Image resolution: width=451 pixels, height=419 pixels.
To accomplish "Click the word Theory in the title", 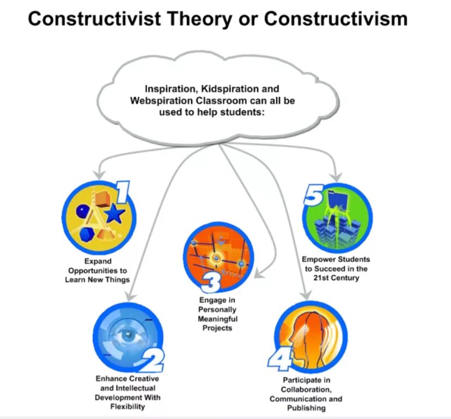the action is (194, 19).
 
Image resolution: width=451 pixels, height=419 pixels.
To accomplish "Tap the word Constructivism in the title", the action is (336, 19).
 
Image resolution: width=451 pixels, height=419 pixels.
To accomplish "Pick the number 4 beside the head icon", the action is (280, 358).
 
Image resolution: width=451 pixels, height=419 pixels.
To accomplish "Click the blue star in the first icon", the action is (114, 214).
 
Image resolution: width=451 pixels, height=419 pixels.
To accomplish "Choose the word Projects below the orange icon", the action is (217, 328).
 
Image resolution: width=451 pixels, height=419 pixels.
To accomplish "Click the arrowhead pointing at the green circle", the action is (337, 177).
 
